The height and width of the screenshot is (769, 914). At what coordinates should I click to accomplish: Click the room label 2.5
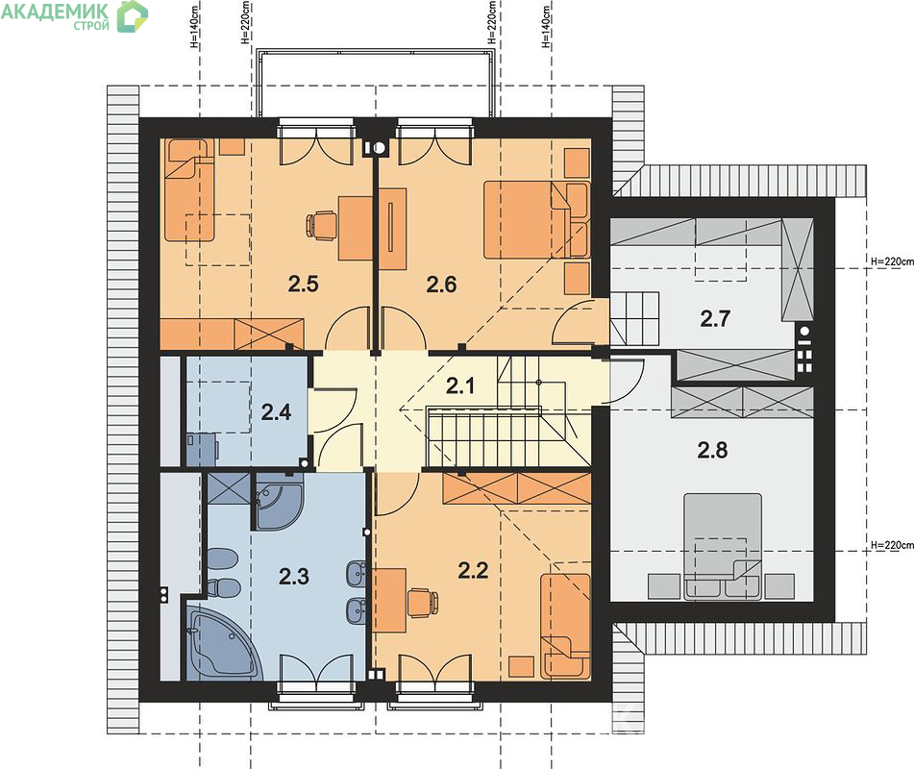(303, 284)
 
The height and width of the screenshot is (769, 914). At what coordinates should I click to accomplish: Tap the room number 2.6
(441, 285)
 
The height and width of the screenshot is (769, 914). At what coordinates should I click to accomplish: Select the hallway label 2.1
(460, 385)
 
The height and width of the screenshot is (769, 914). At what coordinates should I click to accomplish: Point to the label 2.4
(276, 412)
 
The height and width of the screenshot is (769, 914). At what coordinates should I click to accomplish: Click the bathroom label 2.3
(294, 576)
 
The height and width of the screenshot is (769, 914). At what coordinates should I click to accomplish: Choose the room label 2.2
(473, 570)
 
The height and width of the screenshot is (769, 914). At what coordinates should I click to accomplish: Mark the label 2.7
(715, 319)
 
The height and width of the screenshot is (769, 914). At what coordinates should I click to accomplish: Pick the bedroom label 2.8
(712, 450)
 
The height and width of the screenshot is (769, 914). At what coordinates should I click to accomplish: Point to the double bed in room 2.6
(536, 219)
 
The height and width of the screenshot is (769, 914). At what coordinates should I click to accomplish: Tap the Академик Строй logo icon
(133, 16)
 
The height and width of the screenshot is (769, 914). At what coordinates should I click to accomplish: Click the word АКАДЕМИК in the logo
(55, 12)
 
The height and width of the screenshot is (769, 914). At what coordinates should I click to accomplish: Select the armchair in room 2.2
(565, 626)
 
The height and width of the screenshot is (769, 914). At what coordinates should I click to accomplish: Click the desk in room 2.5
(356, 228)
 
